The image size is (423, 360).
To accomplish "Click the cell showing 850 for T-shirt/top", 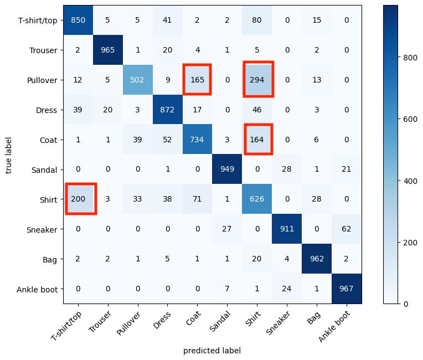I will (78, 20).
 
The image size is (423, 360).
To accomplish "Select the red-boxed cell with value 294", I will (257, 80).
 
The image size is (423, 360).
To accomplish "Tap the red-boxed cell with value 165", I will (198, 80).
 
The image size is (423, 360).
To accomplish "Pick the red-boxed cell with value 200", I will (78, 199).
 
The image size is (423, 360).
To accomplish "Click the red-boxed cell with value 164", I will (257, 140).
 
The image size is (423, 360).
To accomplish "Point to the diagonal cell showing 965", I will (108, 50).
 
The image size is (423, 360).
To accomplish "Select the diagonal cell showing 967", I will (347, 289).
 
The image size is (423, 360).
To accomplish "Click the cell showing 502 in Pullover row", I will (138, 80).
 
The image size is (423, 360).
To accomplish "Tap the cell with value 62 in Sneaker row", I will (347, 229).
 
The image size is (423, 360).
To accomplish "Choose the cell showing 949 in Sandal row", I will (228, 169).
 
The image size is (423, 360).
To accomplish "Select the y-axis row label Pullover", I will (43, 80).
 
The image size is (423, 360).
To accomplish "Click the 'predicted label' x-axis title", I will (213, 351).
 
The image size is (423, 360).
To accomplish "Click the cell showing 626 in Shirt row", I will (257, 199).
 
